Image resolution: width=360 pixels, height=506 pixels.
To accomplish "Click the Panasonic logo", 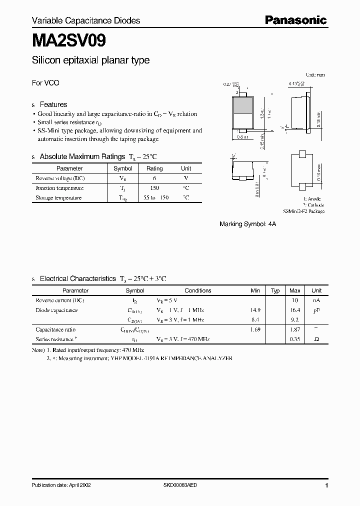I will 295,20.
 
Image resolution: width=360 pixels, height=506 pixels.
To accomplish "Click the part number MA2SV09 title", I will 68,40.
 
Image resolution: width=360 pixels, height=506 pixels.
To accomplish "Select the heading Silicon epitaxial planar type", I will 90,60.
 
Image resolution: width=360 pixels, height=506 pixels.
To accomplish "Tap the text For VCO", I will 45,83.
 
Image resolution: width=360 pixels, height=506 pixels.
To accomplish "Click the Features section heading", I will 53,104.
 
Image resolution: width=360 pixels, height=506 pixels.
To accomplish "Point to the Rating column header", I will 154,168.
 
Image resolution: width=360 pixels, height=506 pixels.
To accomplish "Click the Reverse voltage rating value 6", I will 154,178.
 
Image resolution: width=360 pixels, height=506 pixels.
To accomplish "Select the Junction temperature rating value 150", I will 154,188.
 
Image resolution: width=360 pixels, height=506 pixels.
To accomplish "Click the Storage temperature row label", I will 58,197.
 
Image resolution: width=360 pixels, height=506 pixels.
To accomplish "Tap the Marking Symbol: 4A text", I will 247,224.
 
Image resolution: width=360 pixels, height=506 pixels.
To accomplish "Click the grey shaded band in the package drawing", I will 243,105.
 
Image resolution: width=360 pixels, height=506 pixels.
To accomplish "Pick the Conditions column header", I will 198,290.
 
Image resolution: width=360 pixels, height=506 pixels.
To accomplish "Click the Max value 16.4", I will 295,310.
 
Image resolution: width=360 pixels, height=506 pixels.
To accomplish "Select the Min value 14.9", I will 255,310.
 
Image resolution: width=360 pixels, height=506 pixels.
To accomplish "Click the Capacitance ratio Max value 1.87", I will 295,329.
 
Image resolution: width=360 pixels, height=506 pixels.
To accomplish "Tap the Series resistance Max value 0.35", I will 295,339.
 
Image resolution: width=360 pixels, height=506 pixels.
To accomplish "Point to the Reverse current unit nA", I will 316,300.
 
